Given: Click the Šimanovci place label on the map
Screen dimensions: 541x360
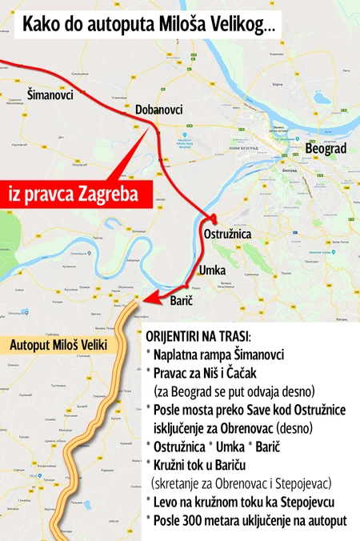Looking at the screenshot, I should [x=50, y=94].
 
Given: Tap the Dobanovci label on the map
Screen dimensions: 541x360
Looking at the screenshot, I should [x=159, y=110].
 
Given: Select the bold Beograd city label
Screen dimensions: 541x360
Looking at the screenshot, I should [x=326, y=149].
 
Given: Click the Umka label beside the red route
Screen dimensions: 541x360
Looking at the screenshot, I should [x=212, y=270].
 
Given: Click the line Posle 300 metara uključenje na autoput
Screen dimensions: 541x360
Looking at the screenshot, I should [x=250, y=521].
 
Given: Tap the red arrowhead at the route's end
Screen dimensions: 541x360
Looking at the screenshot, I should [x=142, y=299].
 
